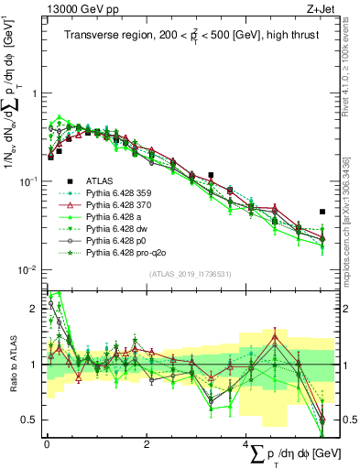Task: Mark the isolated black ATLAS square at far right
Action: pos(322,212)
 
